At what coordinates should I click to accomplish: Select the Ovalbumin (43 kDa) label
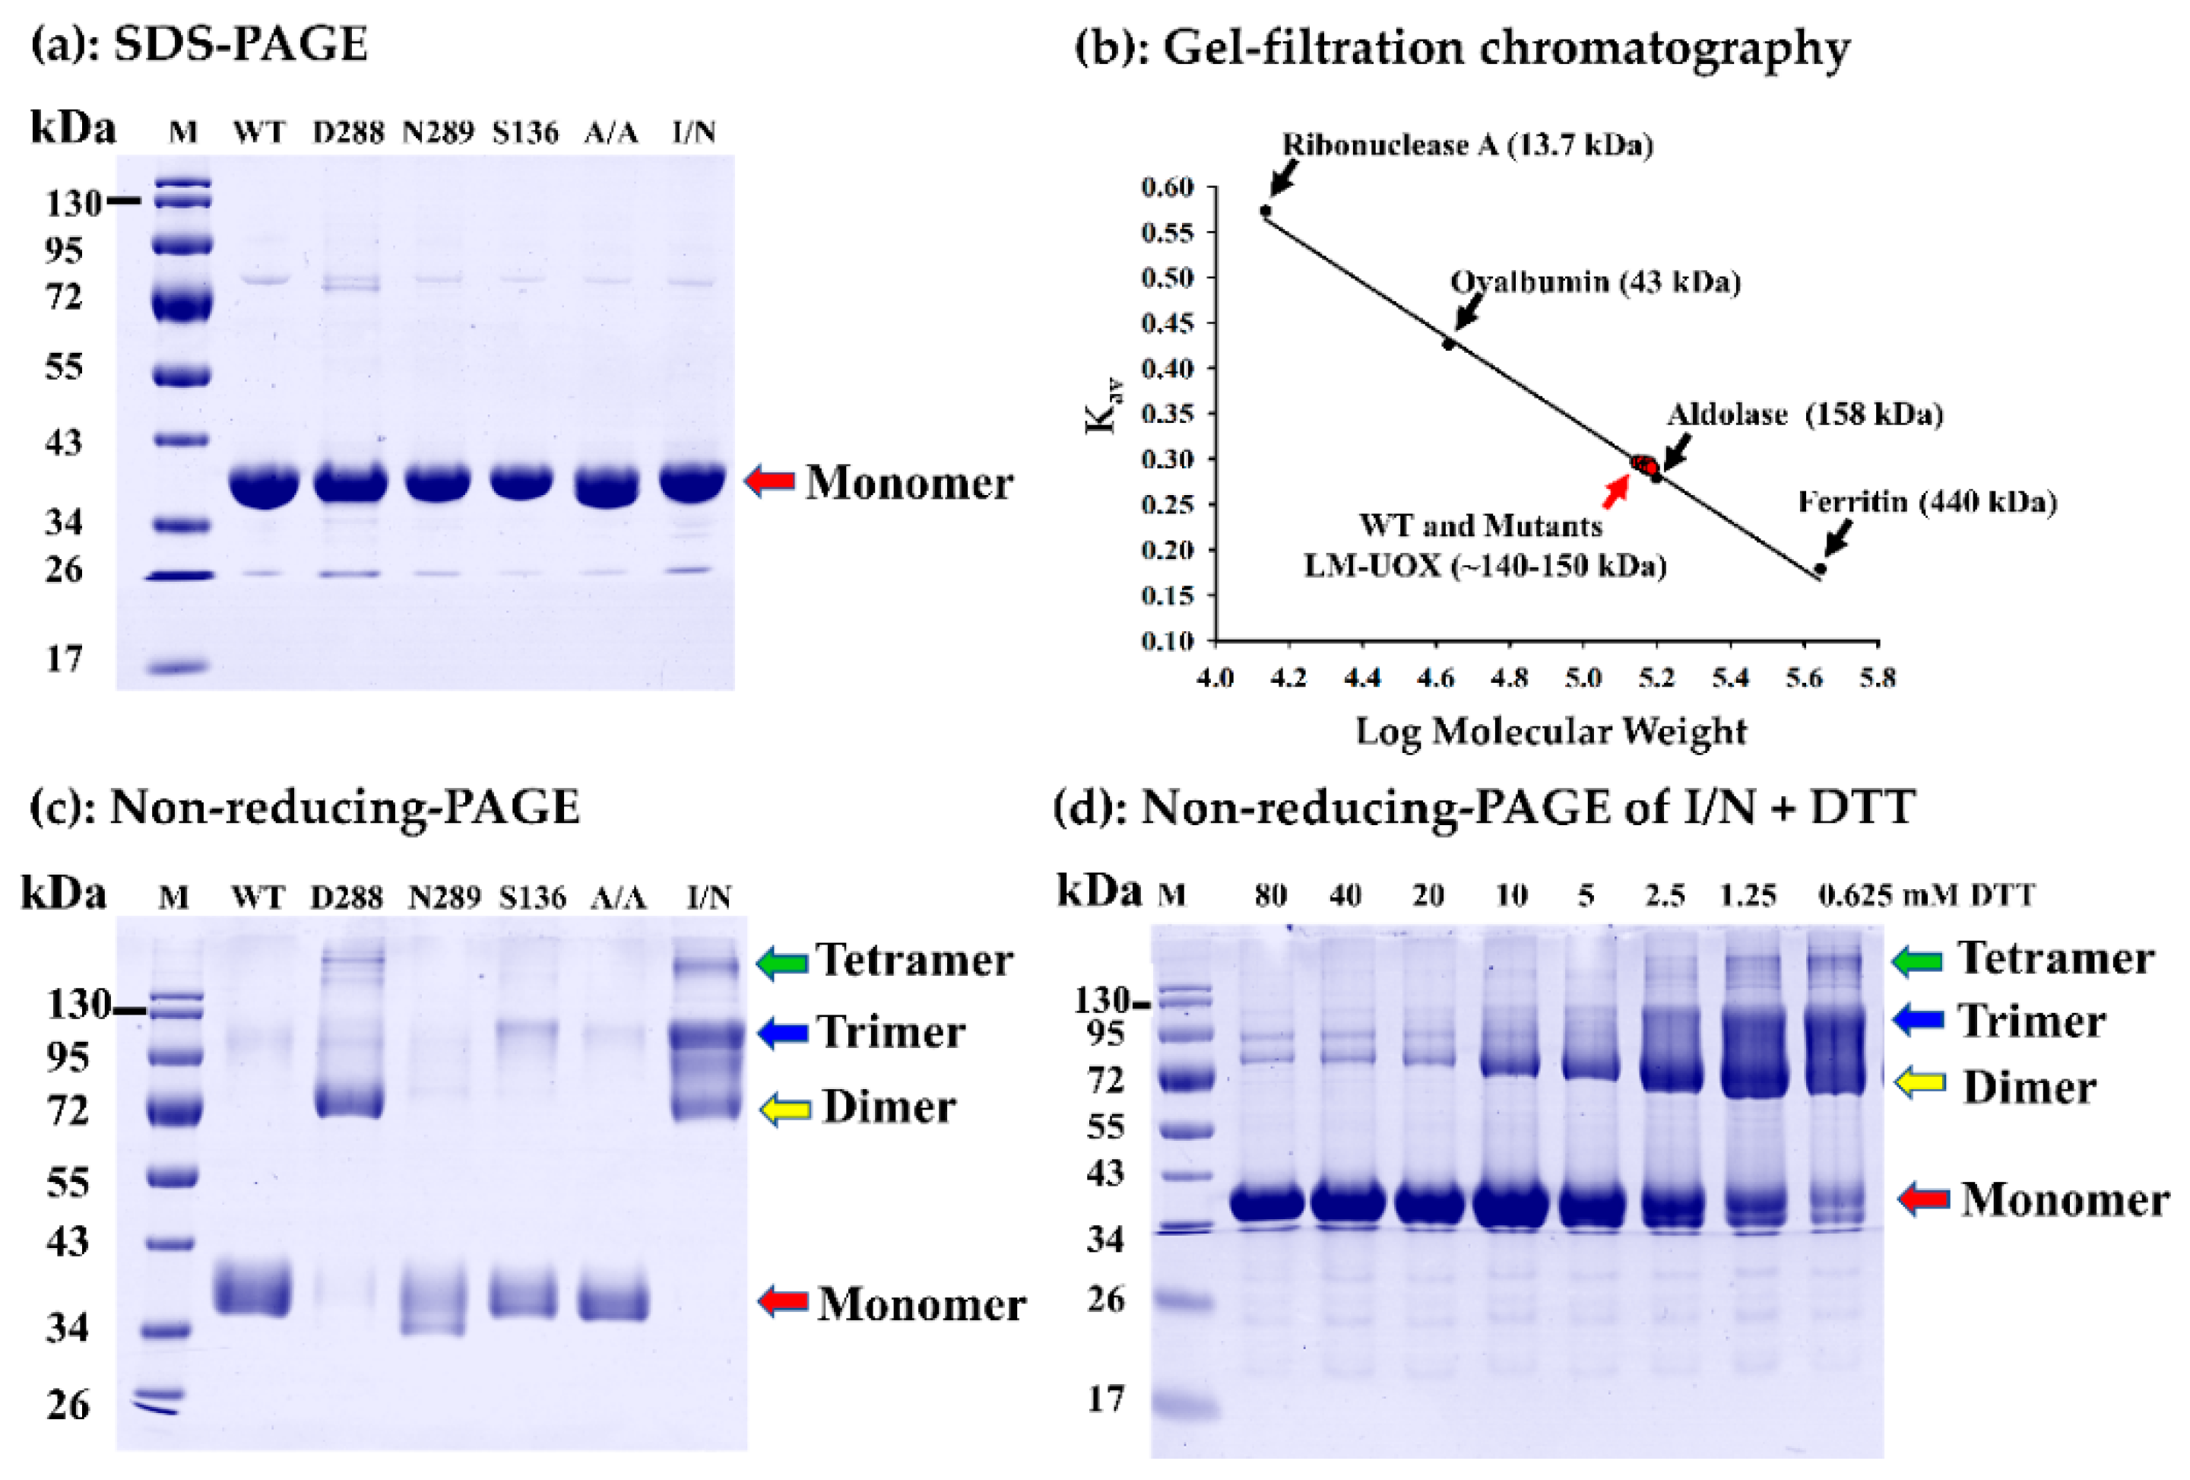coord(1595,282)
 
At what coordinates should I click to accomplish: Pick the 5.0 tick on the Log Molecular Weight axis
coord(1583,677)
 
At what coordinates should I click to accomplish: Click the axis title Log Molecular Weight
coord(1550,732)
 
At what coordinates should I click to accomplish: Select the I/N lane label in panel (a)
coord(693,132)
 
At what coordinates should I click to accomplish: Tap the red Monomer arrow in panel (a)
coord(770,481)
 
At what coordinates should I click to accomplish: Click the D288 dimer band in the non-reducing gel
coord(349,1101)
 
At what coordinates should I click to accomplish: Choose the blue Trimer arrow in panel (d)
coord(1916,1020)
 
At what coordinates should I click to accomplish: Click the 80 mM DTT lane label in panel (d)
coord(1270,894)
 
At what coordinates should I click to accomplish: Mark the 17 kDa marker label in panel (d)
coord(1105,1399)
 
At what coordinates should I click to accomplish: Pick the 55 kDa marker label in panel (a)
coord(63,367)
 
